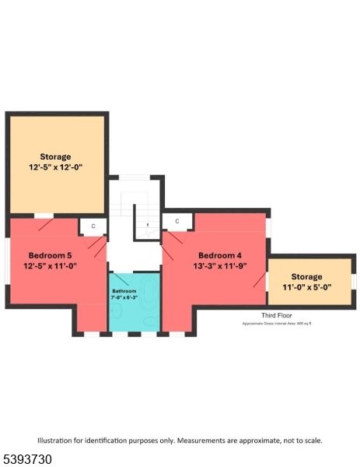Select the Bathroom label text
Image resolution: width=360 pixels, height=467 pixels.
tap(124, 290)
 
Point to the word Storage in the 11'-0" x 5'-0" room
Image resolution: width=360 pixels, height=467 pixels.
tap(306, 276)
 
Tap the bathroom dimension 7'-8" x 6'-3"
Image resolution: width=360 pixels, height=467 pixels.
tap(124, 297)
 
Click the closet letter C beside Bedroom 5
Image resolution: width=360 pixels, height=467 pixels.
tap(93, 226)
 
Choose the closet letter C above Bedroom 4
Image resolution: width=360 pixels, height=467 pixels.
tap(177, 222)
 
